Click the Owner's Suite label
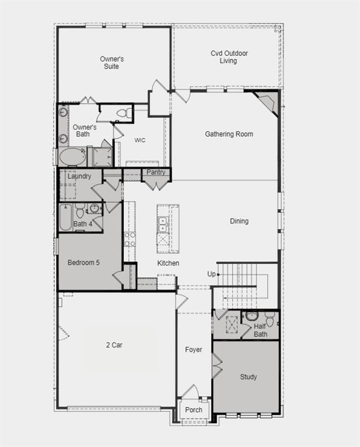point(112,63)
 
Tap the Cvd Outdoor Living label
point(229,57)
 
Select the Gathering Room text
point(229,134)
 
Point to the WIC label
point(140,140)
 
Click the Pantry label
point(156,172)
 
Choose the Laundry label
point(79,176)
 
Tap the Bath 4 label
point(83,223)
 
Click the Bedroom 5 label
point(83,262)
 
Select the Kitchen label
point(168,263)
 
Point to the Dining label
point(239,221)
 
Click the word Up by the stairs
point(212,274)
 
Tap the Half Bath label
point(260,330)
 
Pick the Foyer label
point(194,350)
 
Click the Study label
point(248,377)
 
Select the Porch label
point(194,410)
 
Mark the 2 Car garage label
point(113,345)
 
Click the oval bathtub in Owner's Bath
point(73,157)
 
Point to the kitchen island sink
point(163,225)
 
